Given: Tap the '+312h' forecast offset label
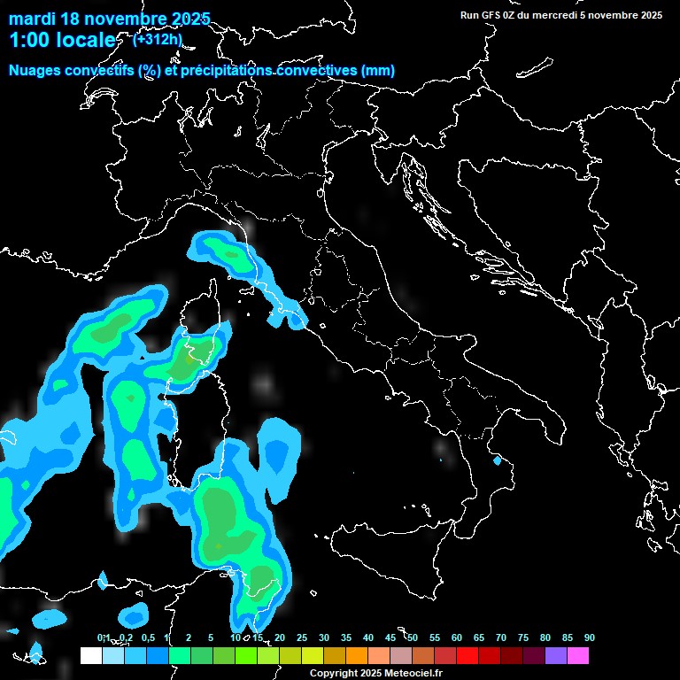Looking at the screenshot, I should coord(157,39).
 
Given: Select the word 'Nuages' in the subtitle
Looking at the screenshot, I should coord(35,71).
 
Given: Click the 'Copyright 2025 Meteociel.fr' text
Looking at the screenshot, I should coord(375,673).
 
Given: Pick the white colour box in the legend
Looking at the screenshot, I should coord(90,655).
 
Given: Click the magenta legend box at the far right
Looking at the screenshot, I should coord(577,655).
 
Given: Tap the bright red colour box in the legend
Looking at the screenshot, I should coord(467,655).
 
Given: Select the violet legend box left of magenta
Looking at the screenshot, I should coord(555,655).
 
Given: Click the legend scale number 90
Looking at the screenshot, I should coord(589,637).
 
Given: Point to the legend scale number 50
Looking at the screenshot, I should coord(413,637).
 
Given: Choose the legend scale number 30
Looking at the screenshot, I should coord(324,637).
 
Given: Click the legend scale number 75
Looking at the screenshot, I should coord(522,637).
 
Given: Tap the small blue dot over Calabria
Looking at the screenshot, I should coord(497,460).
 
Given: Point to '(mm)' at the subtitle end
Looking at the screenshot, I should coord(378,71).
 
